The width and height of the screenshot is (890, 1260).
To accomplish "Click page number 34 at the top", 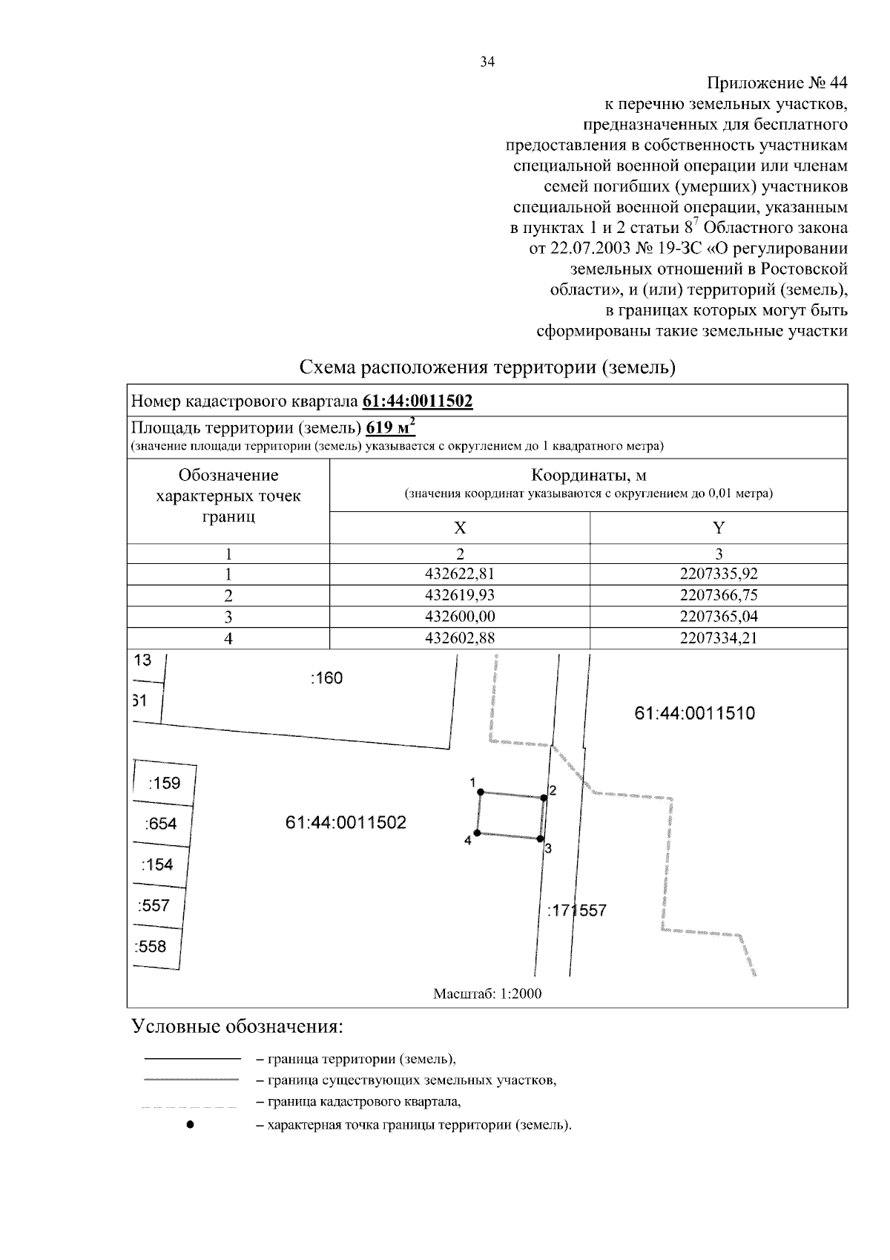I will (487, 62).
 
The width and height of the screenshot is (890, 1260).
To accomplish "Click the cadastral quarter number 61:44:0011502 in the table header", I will (418, 401).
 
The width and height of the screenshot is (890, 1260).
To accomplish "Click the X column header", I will (460, 528).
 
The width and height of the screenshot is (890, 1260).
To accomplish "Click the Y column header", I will (718, 528).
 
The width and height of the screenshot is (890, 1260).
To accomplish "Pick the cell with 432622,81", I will (460, 574).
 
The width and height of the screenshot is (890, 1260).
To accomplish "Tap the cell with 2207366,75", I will (718, 595).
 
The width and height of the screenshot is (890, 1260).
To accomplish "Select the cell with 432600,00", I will (460, 617).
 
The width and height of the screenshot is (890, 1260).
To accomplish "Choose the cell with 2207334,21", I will (718, 638).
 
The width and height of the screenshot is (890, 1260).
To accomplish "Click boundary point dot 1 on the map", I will (481, 793).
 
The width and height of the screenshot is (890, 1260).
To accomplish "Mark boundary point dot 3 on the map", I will (541, 840).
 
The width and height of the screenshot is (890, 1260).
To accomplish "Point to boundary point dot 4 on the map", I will (477, 833).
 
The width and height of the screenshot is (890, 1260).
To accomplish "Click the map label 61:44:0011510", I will (695, 714).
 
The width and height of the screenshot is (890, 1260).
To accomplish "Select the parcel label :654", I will (161, 824).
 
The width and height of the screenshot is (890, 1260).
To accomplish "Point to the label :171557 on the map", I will (576, 910).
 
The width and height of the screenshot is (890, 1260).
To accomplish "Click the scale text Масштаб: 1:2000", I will (487, 994).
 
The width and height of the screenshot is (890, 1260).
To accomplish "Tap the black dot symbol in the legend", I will (191, 1125).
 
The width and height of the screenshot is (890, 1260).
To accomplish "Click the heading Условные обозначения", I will (237, 1027).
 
